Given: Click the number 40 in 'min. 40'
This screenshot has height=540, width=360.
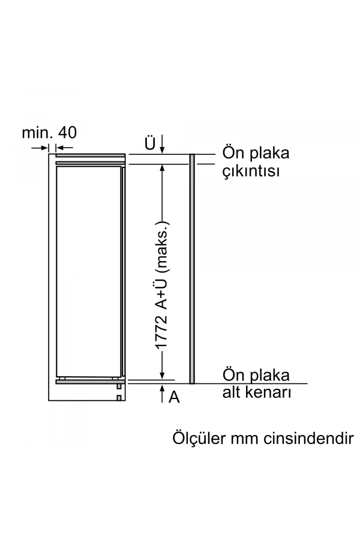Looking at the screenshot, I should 67,132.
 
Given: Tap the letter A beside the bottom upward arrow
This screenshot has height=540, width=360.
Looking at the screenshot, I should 174,397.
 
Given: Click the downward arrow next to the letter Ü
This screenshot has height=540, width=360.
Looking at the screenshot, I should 162,145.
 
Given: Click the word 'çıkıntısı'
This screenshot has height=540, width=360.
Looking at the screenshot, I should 251,172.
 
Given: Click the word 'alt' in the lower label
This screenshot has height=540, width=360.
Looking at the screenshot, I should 232,394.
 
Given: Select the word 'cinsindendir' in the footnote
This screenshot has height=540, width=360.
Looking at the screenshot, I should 307,437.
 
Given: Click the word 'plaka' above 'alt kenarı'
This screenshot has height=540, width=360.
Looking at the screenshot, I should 270,376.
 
